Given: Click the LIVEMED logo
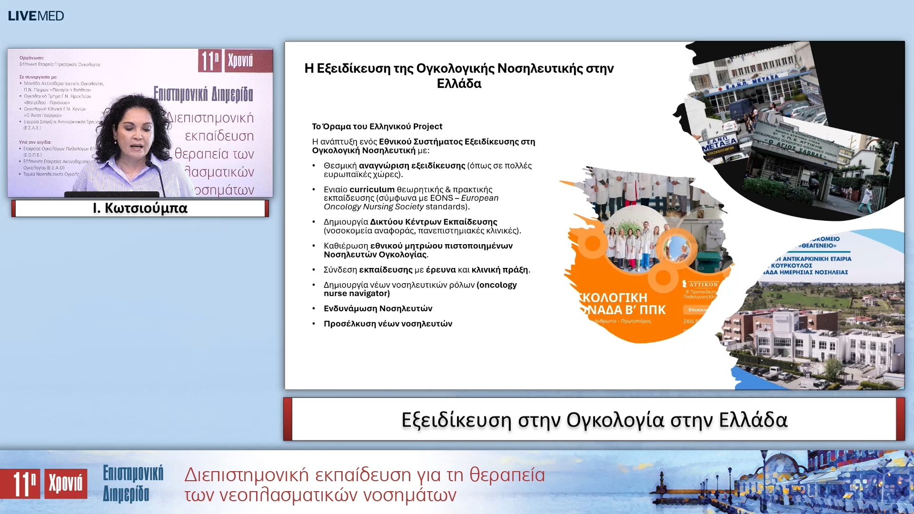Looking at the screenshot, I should tap(36, 16).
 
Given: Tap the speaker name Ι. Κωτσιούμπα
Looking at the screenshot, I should tap(140, 208).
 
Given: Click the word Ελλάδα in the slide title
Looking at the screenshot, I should tap(459, 84).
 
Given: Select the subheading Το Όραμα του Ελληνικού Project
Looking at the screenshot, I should tap(377, 127).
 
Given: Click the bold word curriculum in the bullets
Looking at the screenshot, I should tap(372, 189).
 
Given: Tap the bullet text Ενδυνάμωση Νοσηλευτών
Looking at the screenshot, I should tap(378, 308).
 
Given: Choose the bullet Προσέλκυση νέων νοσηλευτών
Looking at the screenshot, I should tap(388, 324).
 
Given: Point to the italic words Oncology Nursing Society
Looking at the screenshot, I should tap(374, 207).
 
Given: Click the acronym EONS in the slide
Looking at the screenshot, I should tap(441, 198).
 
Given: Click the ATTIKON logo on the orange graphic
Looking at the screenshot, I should tap(702, 284).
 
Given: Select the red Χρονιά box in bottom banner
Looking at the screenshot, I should tap(66, 484).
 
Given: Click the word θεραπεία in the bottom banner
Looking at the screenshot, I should tap(507, 475).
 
